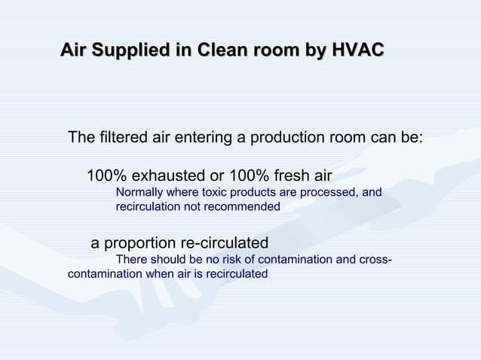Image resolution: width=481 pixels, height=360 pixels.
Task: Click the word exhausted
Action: (169, 176)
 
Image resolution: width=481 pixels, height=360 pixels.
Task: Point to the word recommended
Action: (236, 206)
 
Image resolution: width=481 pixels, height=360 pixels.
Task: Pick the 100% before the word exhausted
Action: (108, 176)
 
